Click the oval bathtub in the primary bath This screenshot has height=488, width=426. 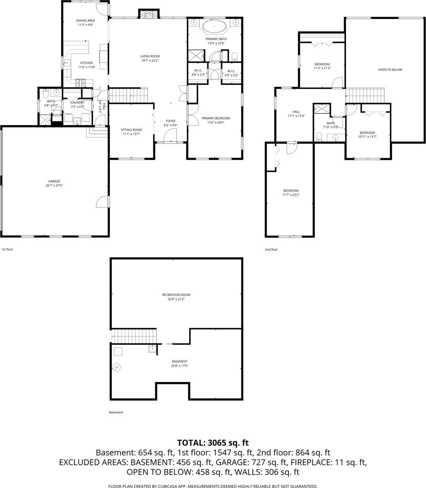tap(214, 28)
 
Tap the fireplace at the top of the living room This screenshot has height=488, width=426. tap(147, 15)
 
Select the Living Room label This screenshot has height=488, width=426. tap(150, 56)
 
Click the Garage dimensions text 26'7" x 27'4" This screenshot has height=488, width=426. tap(54, 185)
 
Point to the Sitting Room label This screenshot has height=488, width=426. tap(131, 130)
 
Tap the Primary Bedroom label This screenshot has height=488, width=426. tap(216, 118)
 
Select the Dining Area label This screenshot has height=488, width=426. tap(85, 20)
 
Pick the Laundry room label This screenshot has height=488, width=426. tap(77, 102)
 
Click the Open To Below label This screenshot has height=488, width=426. tap(390, 70)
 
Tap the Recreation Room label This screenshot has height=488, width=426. tap(176, 295)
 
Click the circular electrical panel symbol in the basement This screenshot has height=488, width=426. tap(117, 367)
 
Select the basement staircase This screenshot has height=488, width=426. tap(134, 336)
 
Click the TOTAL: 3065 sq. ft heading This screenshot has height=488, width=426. tap(213, 442)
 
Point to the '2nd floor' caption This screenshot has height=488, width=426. tap(271, 250)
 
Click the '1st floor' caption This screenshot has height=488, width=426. tap(7, 249)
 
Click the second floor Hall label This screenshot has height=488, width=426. tap(296, 112)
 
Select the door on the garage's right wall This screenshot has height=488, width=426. tap(104, 202)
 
